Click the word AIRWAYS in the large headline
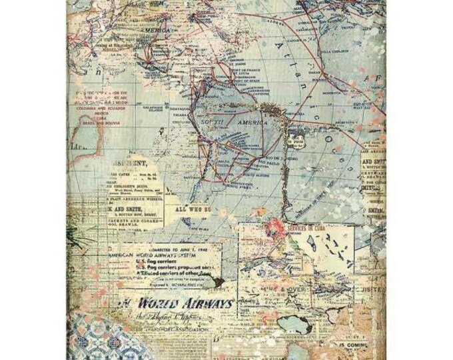pyautogui.click(x=203, y=303)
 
